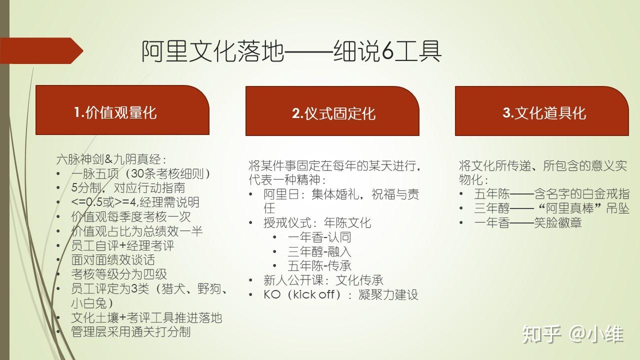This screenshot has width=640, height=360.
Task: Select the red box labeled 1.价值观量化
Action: (122, 111)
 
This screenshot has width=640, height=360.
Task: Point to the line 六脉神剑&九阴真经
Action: (110, 159)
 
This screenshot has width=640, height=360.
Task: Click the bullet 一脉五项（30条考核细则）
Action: (140, 174)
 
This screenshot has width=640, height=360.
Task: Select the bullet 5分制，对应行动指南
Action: (128, 188)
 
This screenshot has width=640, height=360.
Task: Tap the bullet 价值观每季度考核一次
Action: (131, 217)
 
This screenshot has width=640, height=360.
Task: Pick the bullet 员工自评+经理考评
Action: (122, 245)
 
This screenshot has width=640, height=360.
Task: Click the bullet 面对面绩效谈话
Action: (113, 260)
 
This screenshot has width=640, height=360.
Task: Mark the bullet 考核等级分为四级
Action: (119, 274)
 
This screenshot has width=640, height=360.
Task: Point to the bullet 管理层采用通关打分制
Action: (131, 331)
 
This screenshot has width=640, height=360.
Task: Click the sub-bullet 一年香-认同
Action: (319, 237)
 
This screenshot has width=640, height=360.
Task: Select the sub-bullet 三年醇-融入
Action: (319, 251)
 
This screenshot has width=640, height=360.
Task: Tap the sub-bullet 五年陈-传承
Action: (319, 265)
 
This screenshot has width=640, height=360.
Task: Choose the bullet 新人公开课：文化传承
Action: (323, 280)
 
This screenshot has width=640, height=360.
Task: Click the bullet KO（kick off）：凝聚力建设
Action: (340, 294)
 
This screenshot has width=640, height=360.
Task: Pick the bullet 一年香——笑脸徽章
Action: (527, 223)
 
